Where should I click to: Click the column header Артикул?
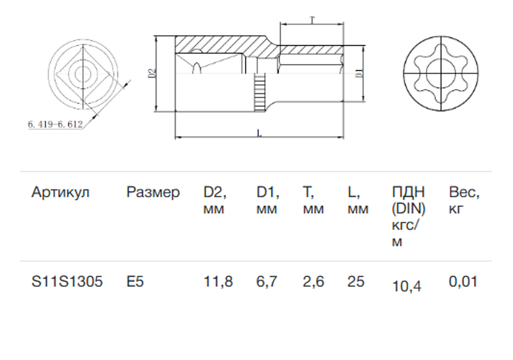pyautogui.click(x=60, y=193)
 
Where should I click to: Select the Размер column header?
pyautogui.click(x=153, y=193)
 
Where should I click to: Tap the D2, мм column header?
pyautogui.click(x=215, y=200)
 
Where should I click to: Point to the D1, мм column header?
pyautogui.click(x=268, y=200)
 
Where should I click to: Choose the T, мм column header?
pyautogui.click(x=313, y=200)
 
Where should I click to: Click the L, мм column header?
pyautogui.click(x=358, y=200)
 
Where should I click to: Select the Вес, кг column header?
pyautogui.click(x=464, y=200)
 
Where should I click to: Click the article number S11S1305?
pyautogui.click(x=67, y=282)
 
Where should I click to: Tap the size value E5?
pyautogui.click(x=135, y=282)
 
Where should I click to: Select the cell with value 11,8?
pyautogui.click(x=218, y=282)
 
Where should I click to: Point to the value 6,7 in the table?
pyautogui.click(x=267, y=282)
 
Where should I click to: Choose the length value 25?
pyautogui.click(x=356, y=282)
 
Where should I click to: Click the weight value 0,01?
pyautogui.click(x=463, y=282)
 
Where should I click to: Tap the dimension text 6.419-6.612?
pyautogui.click(x=55, y=125)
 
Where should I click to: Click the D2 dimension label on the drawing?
pyautogui.click(x=151, y=73)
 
